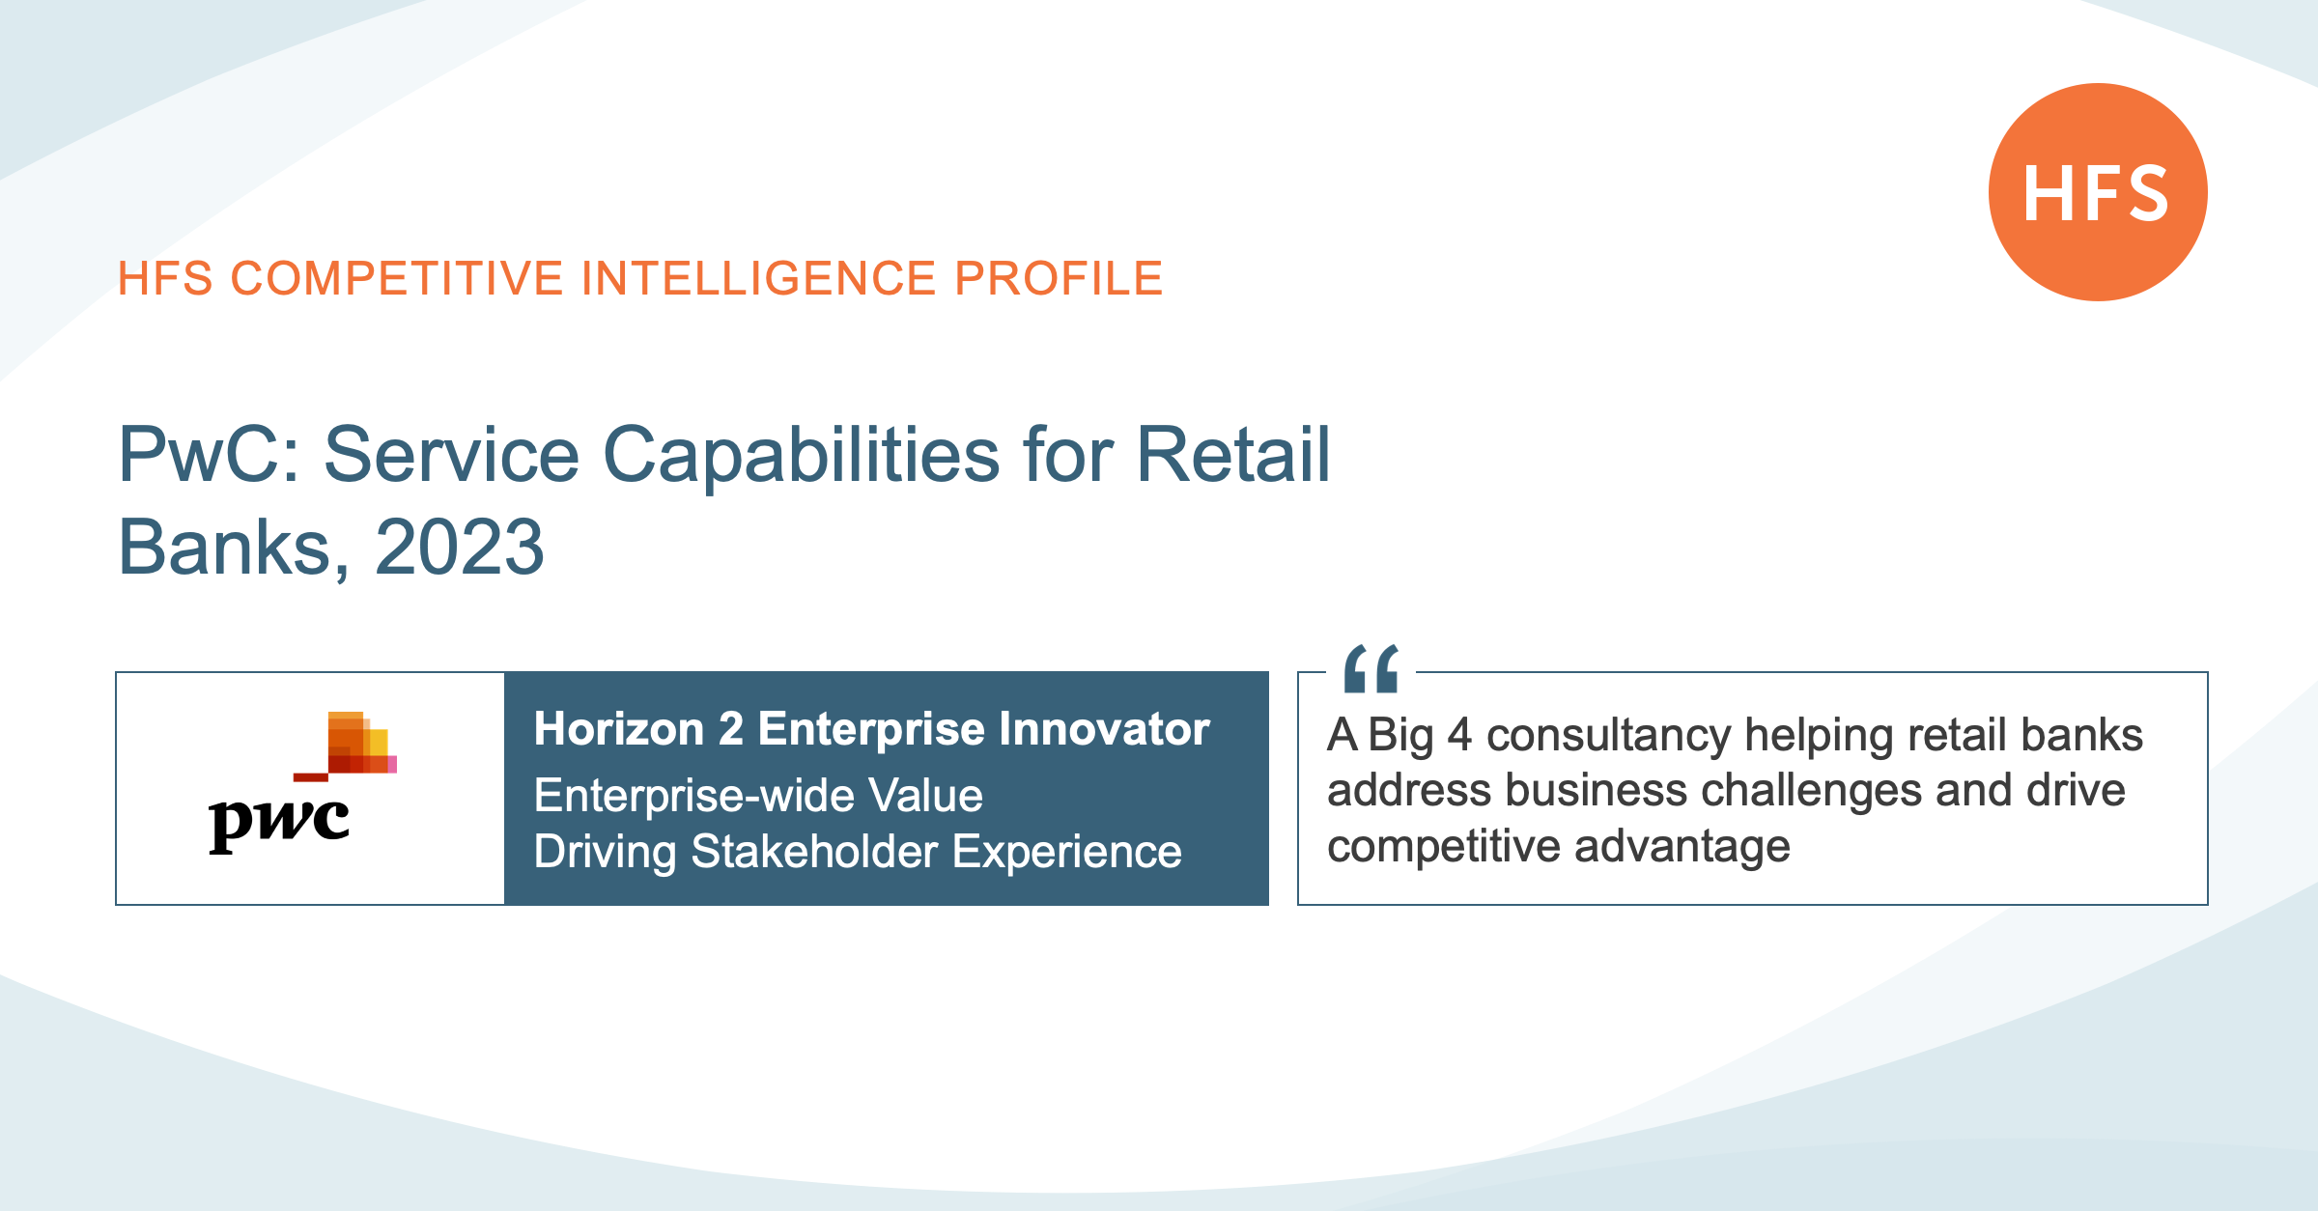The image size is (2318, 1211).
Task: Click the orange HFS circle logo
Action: point(2098,192)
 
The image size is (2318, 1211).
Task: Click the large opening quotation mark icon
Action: point(1371,668)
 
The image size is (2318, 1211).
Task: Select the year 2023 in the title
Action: point(460,547)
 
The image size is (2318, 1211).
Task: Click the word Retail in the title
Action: point(1233,454)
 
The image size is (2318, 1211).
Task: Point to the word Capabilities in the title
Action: point(802,456)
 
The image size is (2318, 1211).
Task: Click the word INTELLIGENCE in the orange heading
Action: point(758,278)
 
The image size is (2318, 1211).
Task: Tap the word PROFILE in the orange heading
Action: point(1059,278)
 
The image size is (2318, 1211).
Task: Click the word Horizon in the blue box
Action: point(619,729)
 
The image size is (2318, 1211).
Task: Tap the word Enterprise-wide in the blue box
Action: point(694,797)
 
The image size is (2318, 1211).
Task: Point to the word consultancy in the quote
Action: point(1608,736)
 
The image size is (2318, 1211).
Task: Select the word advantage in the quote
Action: point(1682,848)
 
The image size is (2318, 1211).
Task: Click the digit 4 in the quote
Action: point(1459,736)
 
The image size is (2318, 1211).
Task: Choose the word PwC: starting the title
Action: point(213,454)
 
